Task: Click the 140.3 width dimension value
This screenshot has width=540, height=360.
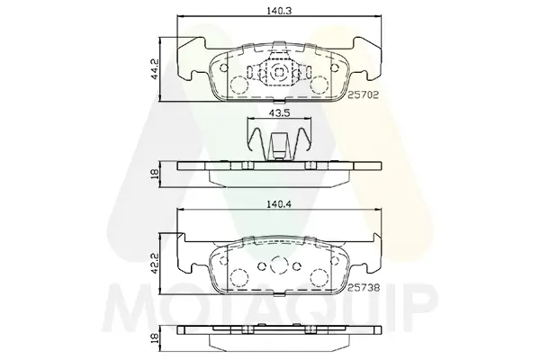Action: coord(279,11)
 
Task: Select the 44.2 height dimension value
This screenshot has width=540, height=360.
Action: coord(155,69)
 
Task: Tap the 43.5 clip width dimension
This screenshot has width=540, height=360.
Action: coord(279,112)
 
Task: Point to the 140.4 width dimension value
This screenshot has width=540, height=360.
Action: coord(279,204)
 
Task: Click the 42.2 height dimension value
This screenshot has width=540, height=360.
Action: coord(155,265)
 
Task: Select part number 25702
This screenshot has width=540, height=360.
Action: coord(363,95)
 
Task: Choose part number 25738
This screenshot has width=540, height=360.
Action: coord(364,288)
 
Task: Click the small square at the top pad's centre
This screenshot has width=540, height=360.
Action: coord(279,72)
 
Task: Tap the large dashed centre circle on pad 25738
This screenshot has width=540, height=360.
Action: coord(279,265)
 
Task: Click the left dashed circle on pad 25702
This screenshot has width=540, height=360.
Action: coord(238,85)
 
